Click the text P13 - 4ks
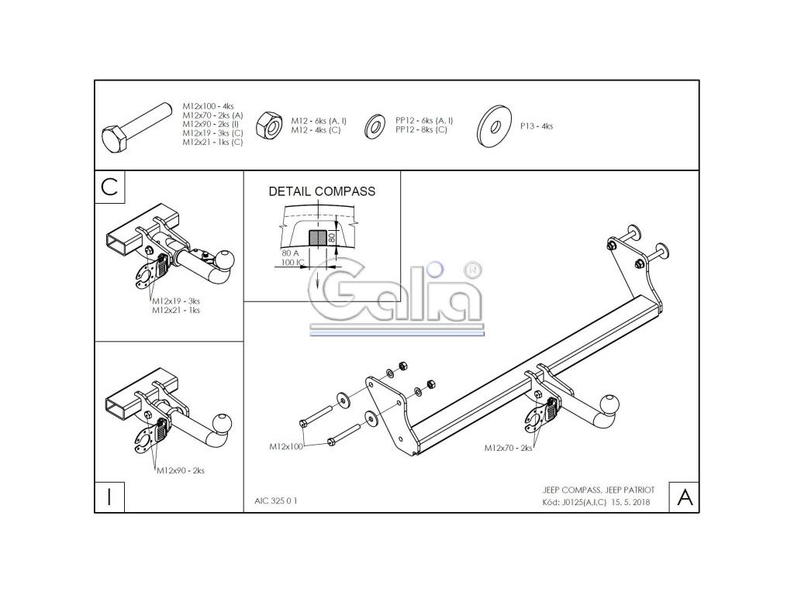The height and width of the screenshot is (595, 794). (x=537, y=126)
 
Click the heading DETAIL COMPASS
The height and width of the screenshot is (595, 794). (x=322, y=191)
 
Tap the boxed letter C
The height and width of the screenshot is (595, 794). (x=109, y=187)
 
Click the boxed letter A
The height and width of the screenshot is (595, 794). (x=685, y=497)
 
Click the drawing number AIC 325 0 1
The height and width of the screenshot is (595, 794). (x=275, y=501)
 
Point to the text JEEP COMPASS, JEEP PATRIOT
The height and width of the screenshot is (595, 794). (x=598, y=490)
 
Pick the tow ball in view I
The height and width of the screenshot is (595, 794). (x=223, y=422)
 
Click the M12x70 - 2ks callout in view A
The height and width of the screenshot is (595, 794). (x=509, y=448)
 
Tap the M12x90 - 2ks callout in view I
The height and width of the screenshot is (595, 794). (x=181, y=470)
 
